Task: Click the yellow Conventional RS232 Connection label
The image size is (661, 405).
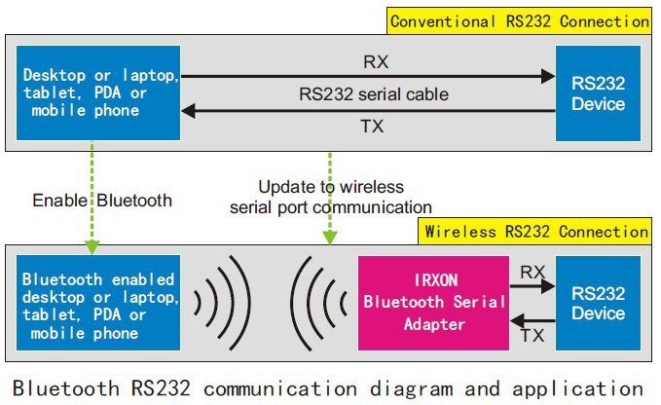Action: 519,20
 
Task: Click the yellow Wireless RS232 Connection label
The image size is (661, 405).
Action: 534,232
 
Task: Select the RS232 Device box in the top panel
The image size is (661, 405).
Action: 599,93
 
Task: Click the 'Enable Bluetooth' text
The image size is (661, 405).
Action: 102,200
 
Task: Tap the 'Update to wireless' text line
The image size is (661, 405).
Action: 331,186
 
